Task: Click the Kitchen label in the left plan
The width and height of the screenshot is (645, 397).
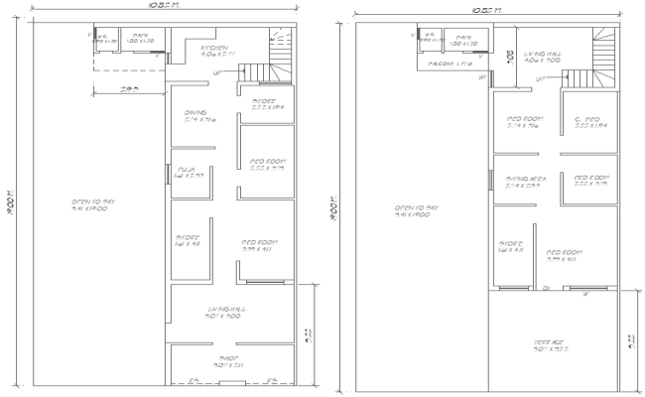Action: coord(215,50)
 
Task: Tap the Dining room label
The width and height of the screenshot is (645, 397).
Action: coord(196,115)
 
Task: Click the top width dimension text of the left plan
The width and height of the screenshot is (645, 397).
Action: coord(163,5)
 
